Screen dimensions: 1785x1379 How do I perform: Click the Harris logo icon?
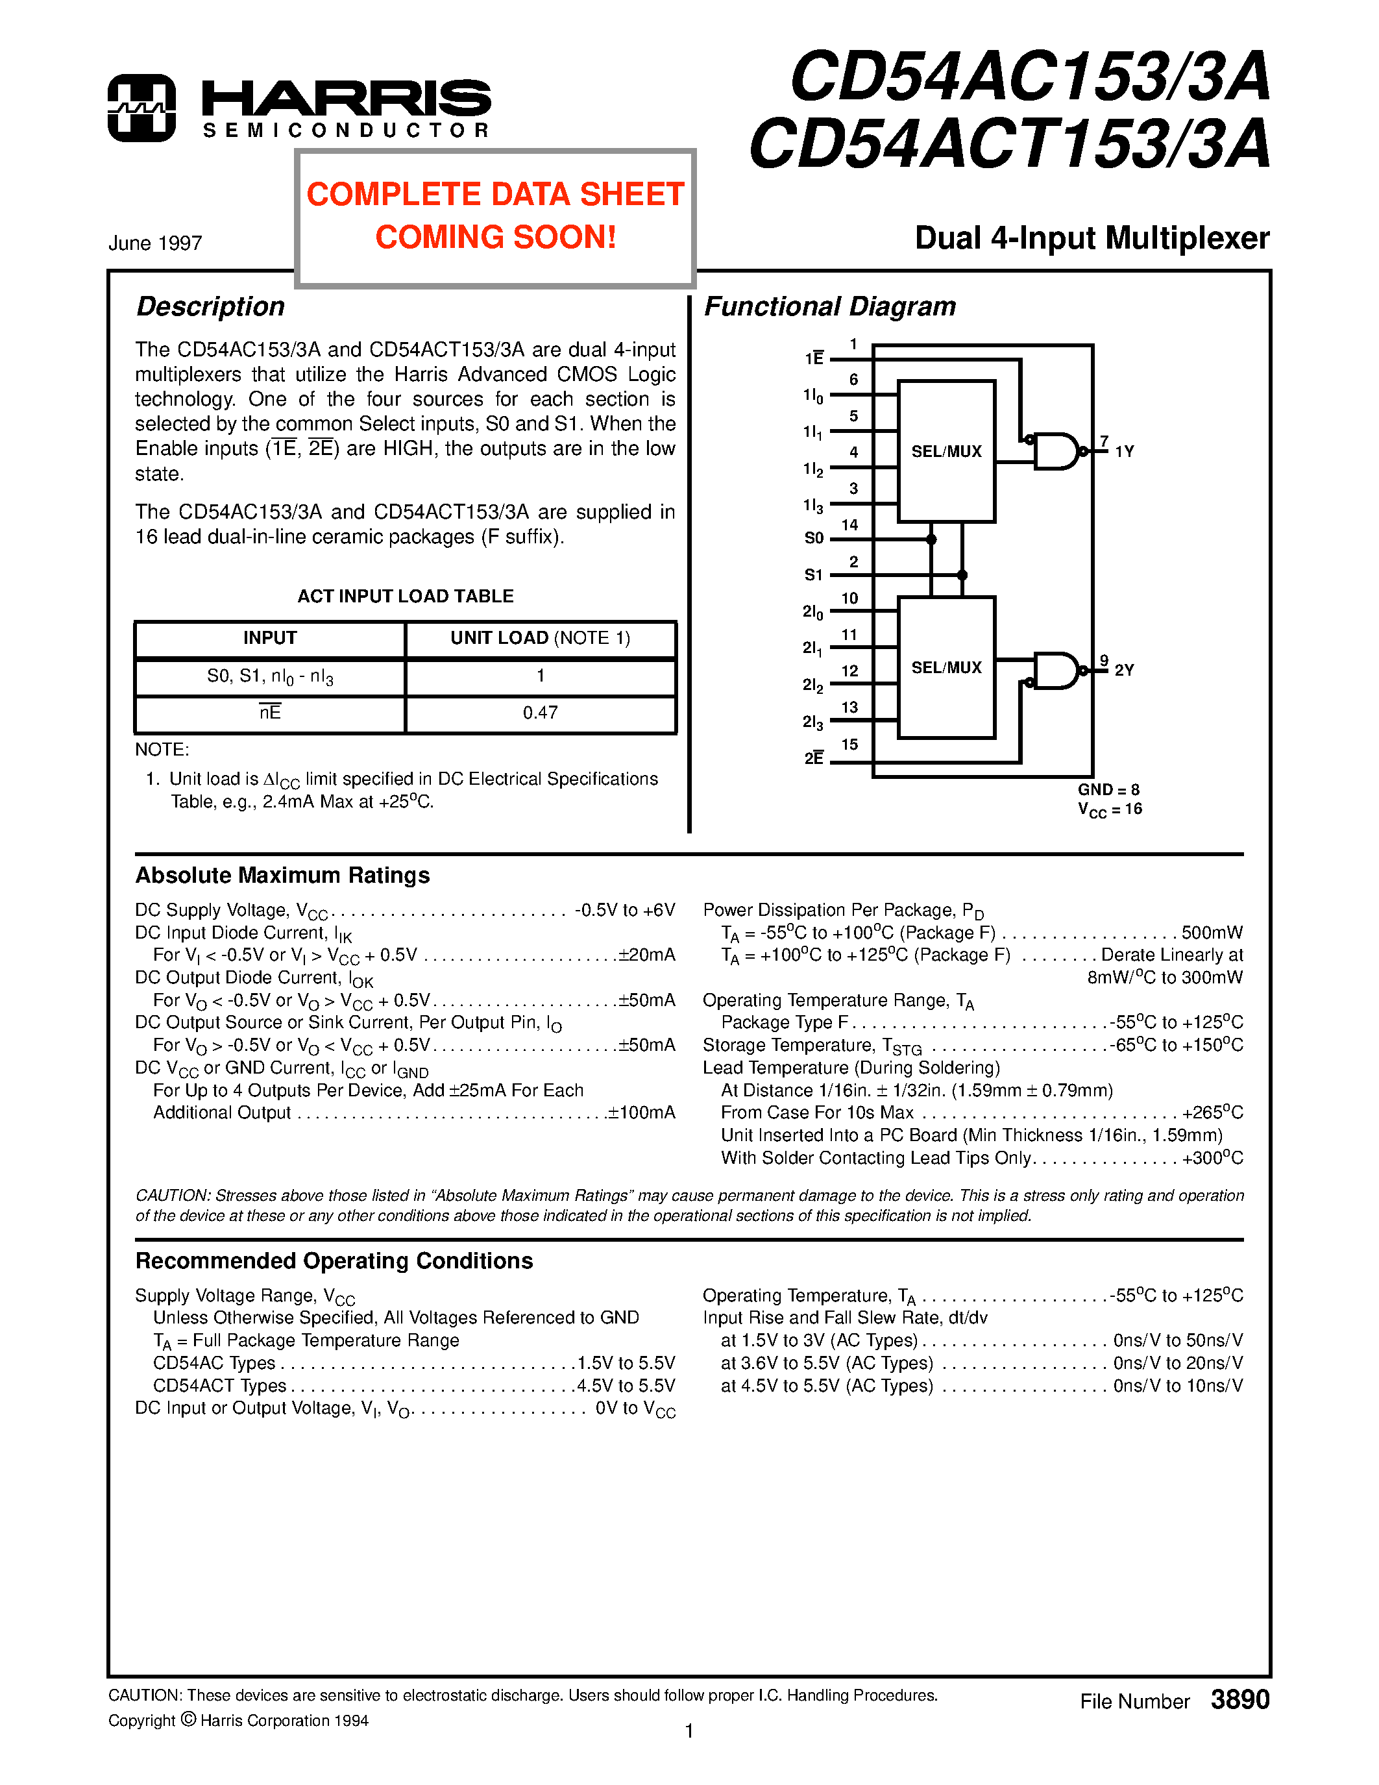click(x=141, y=108)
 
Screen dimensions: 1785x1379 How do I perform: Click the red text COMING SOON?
click(x=495, y=237)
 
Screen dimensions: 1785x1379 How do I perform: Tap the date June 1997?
click(x=155, y=243)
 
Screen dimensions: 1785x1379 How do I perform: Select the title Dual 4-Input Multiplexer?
click(x=1092, y=238)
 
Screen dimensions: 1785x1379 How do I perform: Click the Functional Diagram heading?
click(x=829, y=306)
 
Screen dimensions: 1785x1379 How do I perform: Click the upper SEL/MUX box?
click(x=946, y=451)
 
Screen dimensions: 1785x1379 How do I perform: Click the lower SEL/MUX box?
click(x=946, y=668)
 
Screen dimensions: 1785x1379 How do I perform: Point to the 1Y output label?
click(x=1124, y=451)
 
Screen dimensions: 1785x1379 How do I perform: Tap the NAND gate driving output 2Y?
click(x=1055, y=671)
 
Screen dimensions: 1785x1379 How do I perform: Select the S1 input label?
click(x=813, y=575)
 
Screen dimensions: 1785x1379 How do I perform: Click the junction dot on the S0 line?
click(x=931, y=539)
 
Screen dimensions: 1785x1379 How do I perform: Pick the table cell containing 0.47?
click(x=540, y=713)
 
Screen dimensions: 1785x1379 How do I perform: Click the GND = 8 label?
click(x=1108, y=789)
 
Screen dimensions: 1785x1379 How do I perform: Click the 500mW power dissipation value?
click(x=1212, y=933)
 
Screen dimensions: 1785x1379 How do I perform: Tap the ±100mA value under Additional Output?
click(x=641, y=1113)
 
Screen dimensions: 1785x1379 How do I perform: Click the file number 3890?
click(x=1239, y=1700)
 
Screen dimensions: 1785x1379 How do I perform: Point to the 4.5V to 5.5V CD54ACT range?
click(x=626, y=1386)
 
